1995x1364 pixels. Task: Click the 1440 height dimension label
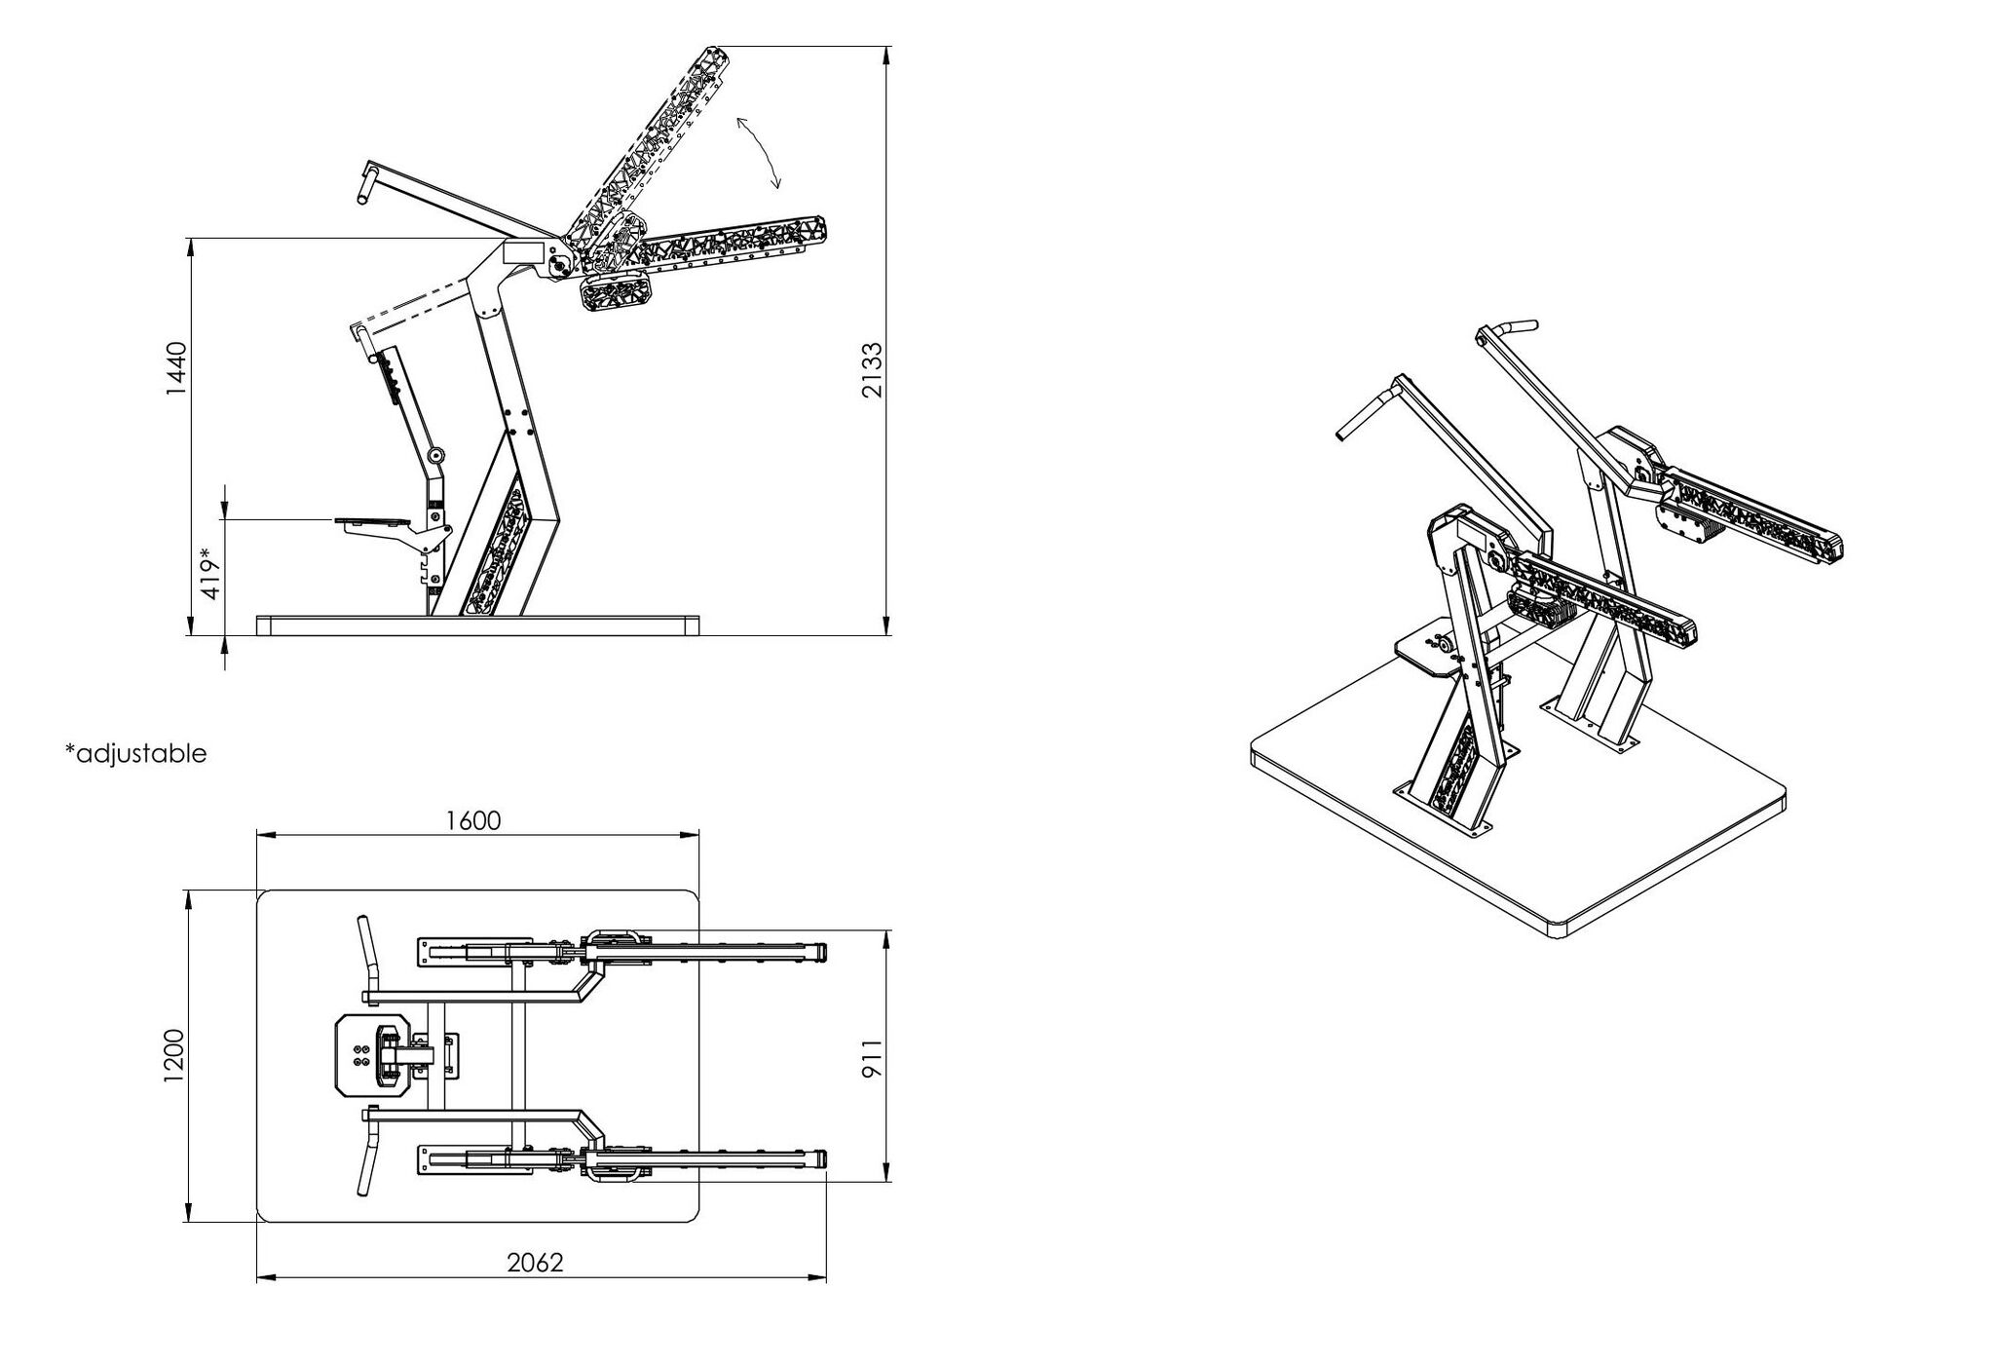click(174, 368)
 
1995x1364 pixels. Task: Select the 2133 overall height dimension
click(872, 369)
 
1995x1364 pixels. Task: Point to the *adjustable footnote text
click(136, 753)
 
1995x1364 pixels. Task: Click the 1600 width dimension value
click(473, 820)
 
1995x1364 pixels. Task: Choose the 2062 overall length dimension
click(536, 1263)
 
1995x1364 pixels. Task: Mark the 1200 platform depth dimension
click(174, 1055)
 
